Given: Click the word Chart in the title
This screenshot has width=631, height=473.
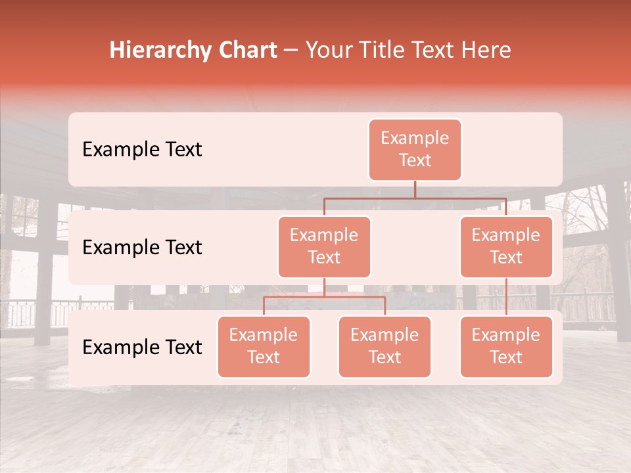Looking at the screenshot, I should tap(247, 50).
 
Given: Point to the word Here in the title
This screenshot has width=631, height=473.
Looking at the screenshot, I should tap(485, 50).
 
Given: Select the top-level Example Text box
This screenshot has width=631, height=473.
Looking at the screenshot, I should tap(415, 150).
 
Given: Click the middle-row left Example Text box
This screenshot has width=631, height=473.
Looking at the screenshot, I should tap(324, 247).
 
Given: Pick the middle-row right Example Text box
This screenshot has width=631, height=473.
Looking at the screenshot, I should tap(506, 247).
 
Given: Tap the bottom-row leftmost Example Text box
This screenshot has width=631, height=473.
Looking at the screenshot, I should tap(264, 347).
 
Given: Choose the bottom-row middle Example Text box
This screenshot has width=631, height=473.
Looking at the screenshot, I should tap(385, 347).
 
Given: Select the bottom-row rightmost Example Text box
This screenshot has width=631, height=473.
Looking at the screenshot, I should tap(506, 347).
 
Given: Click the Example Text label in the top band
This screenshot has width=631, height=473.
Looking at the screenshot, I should tap(142, 150).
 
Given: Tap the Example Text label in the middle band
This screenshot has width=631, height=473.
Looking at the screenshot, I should tap(142, 248).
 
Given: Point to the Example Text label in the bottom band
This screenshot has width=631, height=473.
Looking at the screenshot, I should tap(142, 347).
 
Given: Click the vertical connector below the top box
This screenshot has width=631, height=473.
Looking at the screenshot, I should tap(415, 189).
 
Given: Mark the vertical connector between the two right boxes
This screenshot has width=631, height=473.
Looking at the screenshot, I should tap(506, 297).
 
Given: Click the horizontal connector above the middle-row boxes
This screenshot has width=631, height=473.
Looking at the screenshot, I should tap(415, 198).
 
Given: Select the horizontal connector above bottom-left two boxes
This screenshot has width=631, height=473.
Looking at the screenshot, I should tap(324, 297).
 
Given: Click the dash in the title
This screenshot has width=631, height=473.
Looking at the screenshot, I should tap(291, 50).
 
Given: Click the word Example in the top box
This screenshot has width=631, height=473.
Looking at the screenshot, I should tap(415, 138).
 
